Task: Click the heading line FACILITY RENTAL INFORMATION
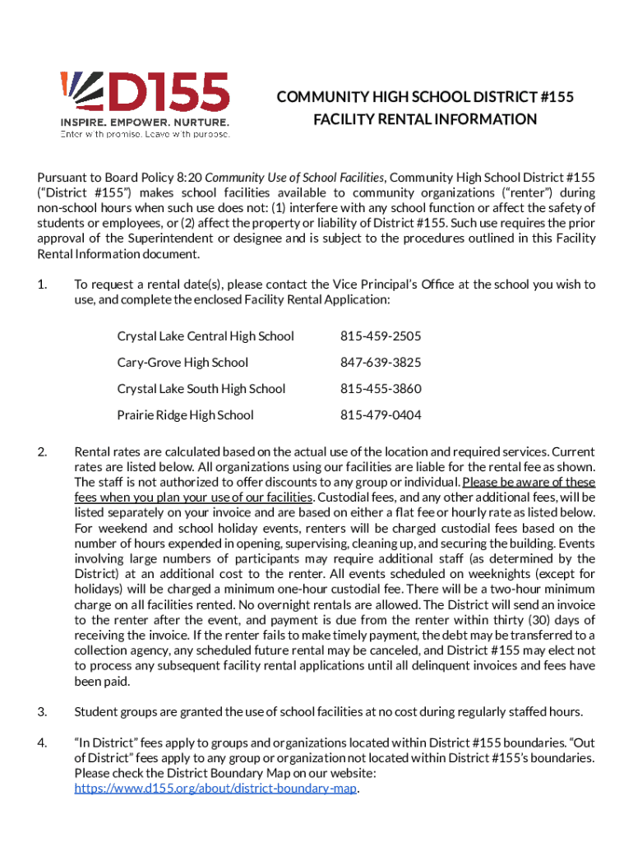tap(424, 119)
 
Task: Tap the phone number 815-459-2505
tap(381, 336)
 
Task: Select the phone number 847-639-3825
tap(381, 363)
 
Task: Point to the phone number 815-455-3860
tap(381, 389)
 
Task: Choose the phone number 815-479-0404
tap(381, 415)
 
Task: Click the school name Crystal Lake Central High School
tap(206, 336)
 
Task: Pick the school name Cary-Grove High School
tap(183, 363)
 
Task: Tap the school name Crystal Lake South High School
tap(201, 389)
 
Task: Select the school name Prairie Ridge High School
tap(186, 415)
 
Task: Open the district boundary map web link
tap(217, 788)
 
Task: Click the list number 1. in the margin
tap(42, 285)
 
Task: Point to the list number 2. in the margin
tap(42, 451)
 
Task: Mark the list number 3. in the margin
tap(42, 711)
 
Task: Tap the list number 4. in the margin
tap(42, 743)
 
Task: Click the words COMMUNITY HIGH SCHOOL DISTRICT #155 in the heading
tap(424, 98)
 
